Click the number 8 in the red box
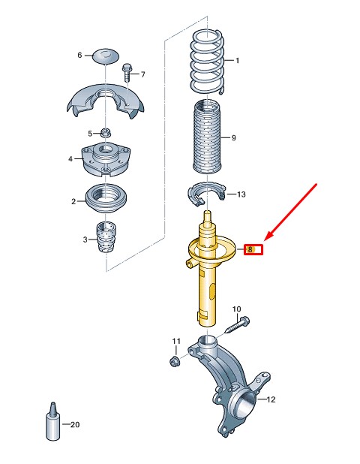pyautogui.click(x=253, y=249)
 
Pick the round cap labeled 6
pyautogui.click(x=106, y=56)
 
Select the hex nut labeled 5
pyautogui.click(x=106, y=134)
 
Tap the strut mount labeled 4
pyautogui.click(x=105, y=159)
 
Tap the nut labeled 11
pyautogui.click(x=175, y=362)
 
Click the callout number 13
pyautogui.click(x=241, y=194)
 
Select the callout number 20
pyautogui.click(x=75, y=425)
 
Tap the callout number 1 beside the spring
pyautogui.click(x=238, y=60)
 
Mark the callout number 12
pyautogui.click(x=271, y=399)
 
